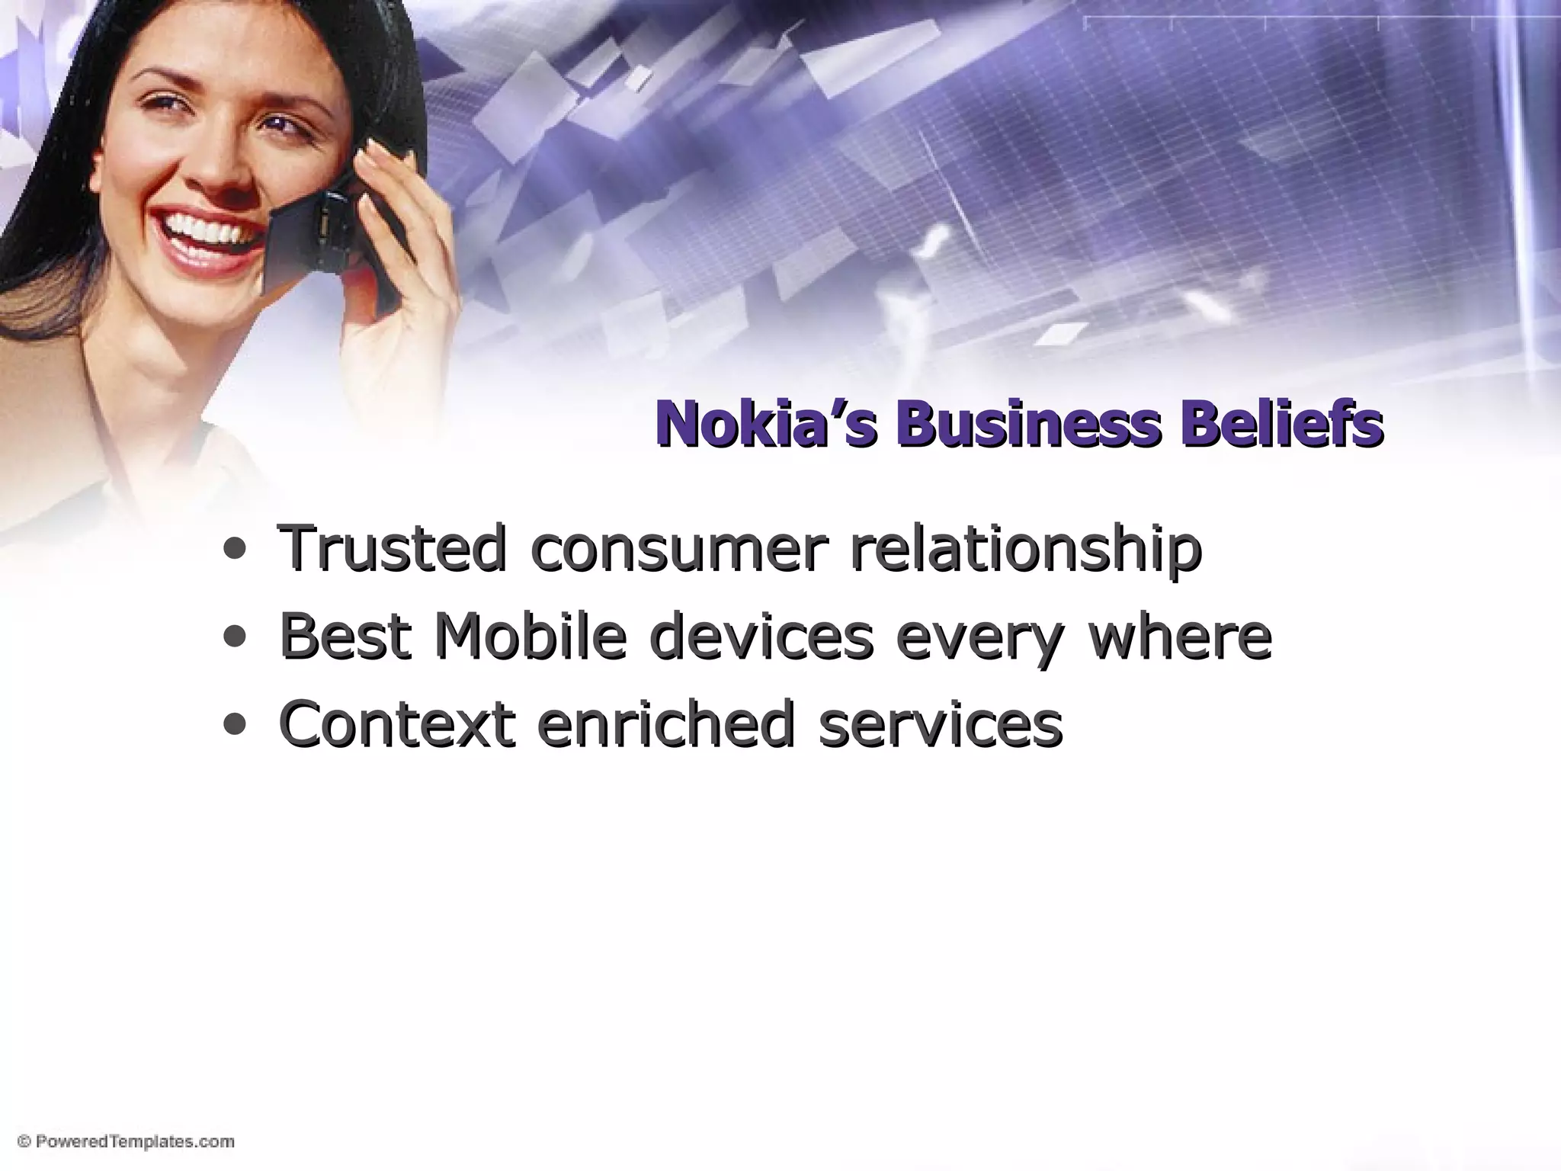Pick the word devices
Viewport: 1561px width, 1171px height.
(x=761, y=636)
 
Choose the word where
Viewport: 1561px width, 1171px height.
(x=1180, y=636)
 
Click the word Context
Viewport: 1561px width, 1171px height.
(x=397, y=723)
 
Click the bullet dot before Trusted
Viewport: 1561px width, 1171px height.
(x=235, y=550)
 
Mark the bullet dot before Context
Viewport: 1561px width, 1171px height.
(x=235, y=724)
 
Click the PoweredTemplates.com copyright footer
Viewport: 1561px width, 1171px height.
(x=126, y=1141)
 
